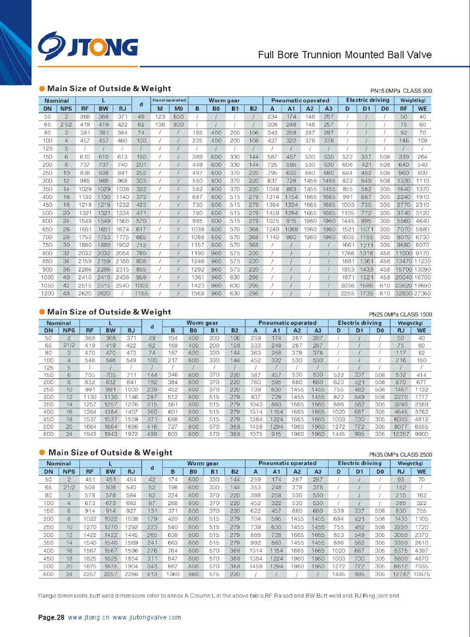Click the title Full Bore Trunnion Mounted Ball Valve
(345, 55)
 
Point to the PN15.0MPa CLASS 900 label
(401, 91)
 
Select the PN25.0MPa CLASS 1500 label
(400, 315)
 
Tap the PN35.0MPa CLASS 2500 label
(400, 455)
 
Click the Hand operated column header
(169, 100)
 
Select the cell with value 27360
(423, 293)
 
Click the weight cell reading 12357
(401, 434)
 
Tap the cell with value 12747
(401, 574)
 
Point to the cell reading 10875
(421, 574)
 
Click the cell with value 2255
(347, 293)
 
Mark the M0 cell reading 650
(179, 117)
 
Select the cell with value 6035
(401, 419)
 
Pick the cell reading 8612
(401, 566)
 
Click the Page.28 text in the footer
(51, 617)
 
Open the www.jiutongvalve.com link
(147, 617)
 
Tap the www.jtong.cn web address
(88, 617)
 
